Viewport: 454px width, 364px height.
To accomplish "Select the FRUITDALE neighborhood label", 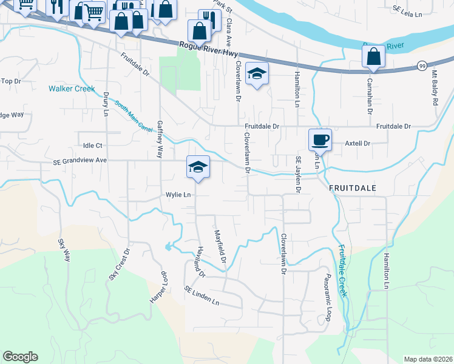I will click(x=353, y=189).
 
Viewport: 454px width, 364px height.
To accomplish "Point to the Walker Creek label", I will click(x=72, y=89).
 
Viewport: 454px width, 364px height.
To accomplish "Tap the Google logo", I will click(x=20, y=357).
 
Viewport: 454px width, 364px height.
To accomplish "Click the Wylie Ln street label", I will click(x=179, y=195).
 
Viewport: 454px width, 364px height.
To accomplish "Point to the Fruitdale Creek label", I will click(x=342, y=271).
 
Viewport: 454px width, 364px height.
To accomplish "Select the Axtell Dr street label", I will click(x=357, y=144).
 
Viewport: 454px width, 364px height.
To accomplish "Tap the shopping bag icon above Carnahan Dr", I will click(x=373, y=57).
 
